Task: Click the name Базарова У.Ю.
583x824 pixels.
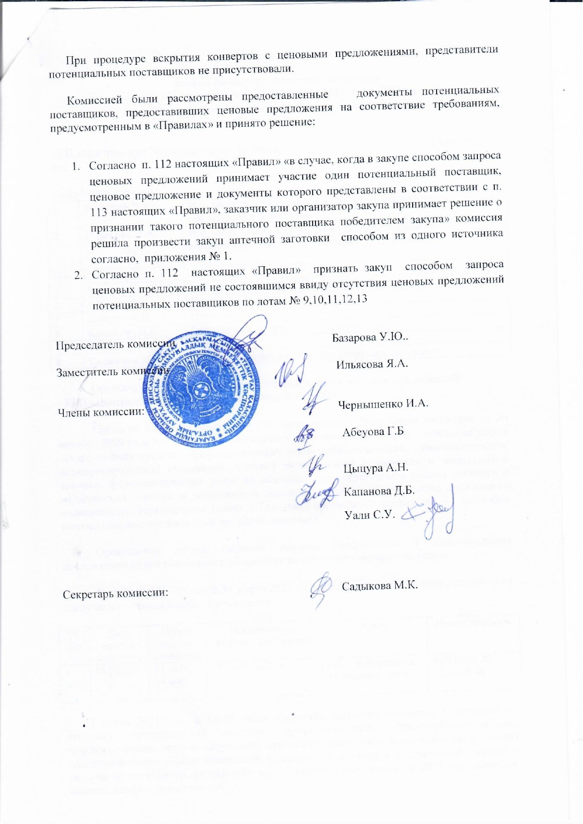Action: click(x=370, y=338)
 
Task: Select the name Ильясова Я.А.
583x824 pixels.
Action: click(x=372, y=363)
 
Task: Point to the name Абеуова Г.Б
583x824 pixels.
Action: click(x=373, y=432)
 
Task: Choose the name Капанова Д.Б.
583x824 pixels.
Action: click(x=379, y=491)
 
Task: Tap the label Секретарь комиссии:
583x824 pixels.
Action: click(x=115, y=593)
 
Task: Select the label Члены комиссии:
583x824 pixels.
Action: click(x=100, y=413)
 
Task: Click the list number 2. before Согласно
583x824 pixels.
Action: click(x=78, y=275)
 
